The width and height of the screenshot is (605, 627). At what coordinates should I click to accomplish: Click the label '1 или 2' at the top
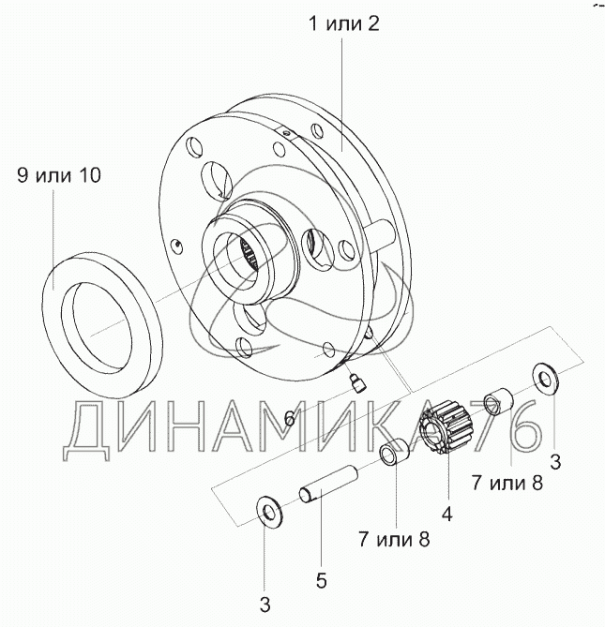(343, 24)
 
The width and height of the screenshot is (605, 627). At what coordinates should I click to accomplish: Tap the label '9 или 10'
(59, 175)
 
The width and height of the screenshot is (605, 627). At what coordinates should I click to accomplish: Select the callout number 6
(289, 419)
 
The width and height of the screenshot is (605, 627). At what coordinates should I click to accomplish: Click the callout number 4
(446, 514)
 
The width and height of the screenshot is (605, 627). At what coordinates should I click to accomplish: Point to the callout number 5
(322, 580)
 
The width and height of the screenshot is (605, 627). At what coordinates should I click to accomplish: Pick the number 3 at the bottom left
(265, 605)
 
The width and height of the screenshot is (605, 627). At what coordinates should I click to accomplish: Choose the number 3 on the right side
(555, 462)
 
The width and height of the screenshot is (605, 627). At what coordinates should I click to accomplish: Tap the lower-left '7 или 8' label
(394, 539)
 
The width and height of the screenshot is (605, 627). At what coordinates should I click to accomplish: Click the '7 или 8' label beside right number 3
(507, 483)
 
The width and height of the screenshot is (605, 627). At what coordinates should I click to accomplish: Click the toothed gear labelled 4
(446, 427)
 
